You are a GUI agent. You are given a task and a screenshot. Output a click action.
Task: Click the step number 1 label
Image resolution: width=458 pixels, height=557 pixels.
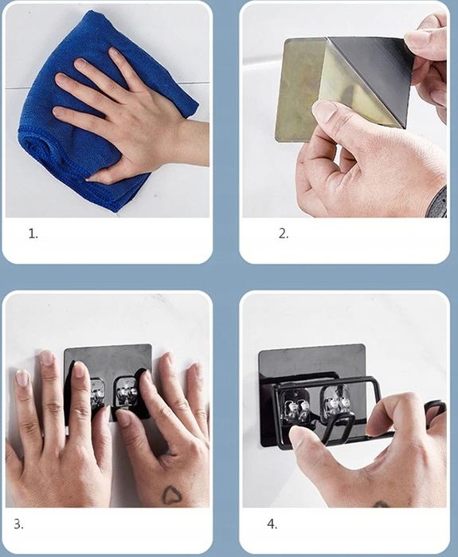point(33,233)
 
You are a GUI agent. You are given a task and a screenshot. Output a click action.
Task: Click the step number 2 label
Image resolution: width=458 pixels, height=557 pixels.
point(284,233)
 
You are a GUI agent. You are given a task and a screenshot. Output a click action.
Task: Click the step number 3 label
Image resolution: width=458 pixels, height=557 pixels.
point(19,524)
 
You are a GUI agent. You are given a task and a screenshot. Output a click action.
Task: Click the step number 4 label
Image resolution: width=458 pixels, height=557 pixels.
point(272,524)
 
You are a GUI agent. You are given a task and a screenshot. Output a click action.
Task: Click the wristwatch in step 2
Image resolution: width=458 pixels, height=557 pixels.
point(437,202)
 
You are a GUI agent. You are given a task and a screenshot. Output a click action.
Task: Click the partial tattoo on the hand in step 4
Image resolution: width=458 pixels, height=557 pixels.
point(380,504)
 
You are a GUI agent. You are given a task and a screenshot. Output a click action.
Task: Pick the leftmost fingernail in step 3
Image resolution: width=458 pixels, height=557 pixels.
point(22,377)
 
